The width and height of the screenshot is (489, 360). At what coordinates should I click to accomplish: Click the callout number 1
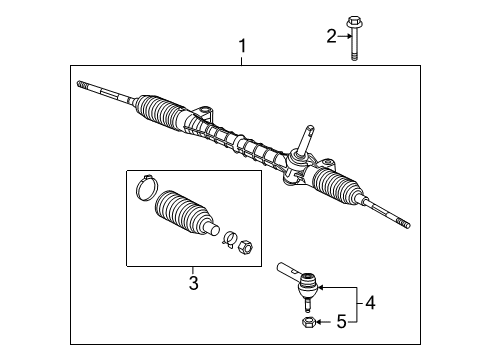click(241, 46)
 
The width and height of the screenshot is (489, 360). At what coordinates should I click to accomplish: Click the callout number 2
click(331, 37)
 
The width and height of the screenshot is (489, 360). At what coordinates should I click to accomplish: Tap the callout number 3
click(193, 283)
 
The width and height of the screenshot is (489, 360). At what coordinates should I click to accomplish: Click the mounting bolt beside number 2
click(354, 36)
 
